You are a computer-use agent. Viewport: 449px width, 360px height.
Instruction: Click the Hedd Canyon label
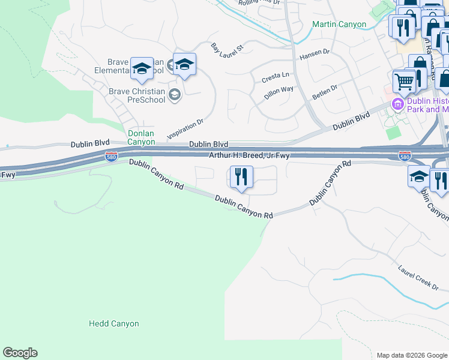click(113, 323)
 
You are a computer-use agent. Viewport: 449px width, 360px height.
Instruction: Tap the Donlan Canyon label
click(141, 137)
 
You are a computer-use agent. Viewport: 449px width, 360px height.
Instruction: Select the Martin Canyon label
click(339, 25)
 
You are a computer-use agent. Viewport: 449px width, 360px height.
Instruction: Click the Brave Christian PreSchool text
click(136, 95)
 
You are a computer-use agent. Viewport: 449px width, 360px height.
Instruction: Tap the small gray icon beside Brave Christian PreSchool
click(174, 94)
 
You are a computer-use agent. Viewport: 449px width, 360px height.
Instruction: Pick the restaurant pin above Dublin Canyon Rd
click(241, 178)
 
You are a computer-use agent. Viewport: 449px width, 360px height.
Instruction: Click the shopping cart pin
click(404, 82)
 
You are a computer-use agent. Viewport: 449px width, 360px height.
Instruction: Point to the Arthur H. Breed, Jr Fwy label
click(249, 155)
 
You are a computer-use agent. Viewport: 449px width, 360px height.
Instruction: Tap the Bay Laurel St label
click(227, 50)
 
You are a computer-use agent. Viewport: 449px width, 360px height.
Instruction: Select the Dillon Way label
click(279, 92)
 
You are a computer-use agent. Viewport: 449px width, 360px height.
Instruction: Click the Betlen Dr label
click(325, 92)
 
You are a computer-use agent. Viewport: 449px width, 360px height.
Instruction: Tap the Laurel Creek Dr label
click(418, 275)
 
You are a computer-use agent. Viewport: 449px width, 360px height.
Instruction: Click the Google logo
click(20, 353)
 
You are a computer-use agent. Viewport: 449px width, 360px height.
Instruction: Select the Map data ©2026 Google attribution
click(412, 355)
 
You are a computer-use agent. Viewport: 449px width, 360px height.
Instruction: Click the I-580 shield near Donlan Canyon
click(110, 157)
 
